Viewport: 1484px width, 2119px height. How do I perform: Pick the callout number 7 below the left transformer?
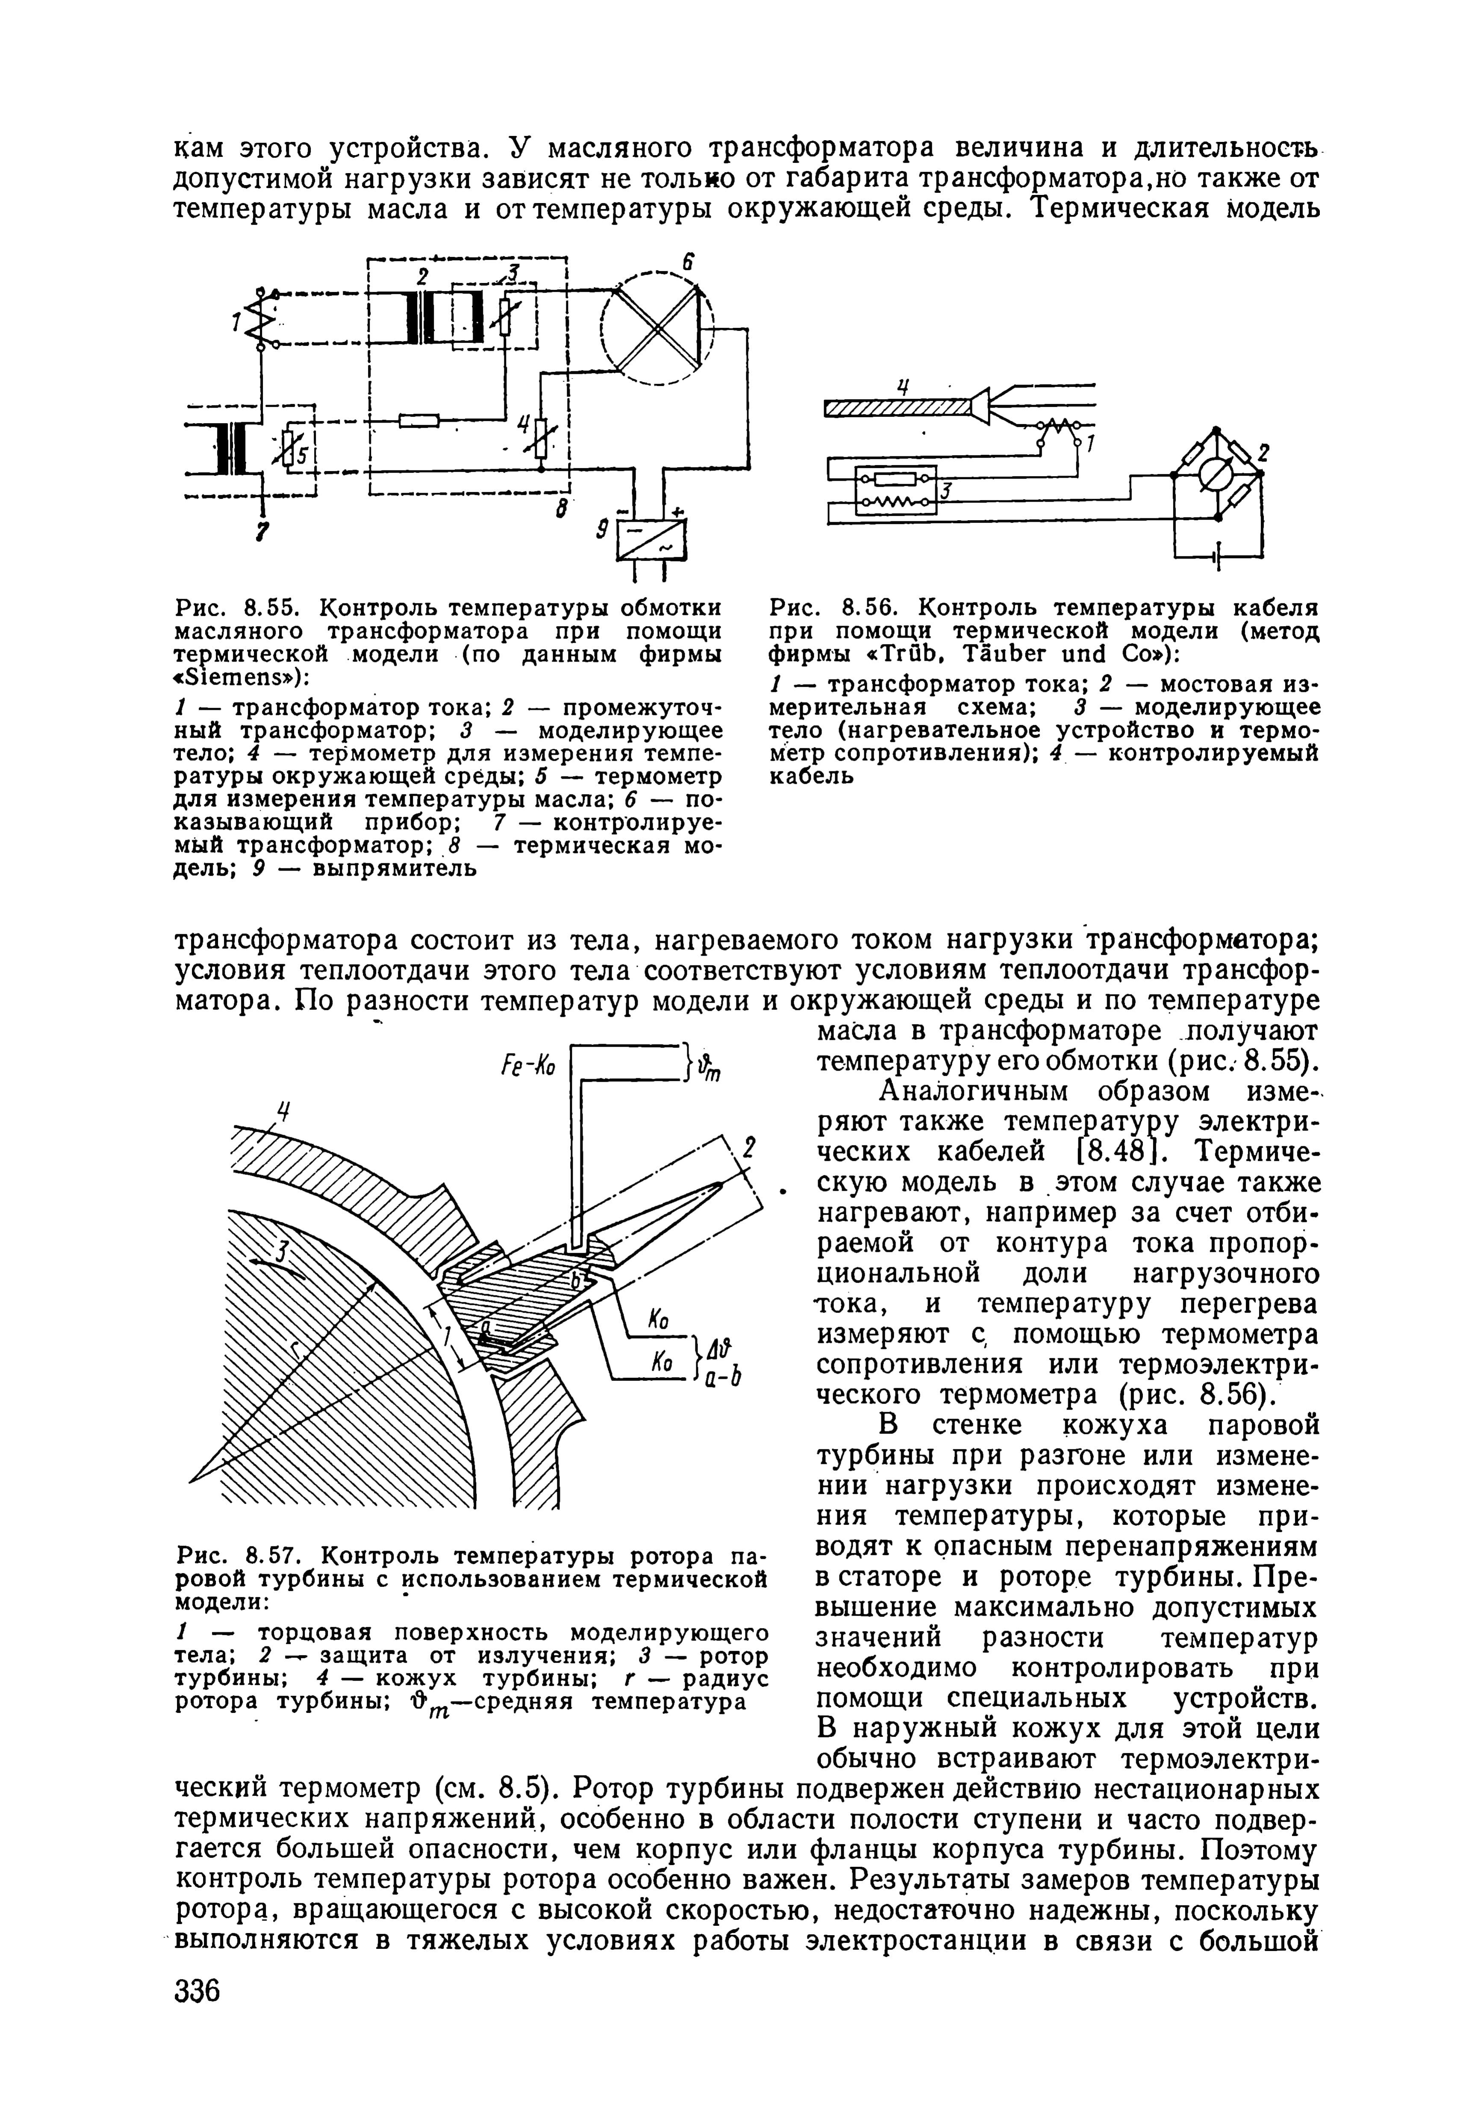click(263, 533)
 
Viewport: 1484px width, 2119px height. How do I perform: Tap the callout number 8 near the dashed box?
click(559, 509)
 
